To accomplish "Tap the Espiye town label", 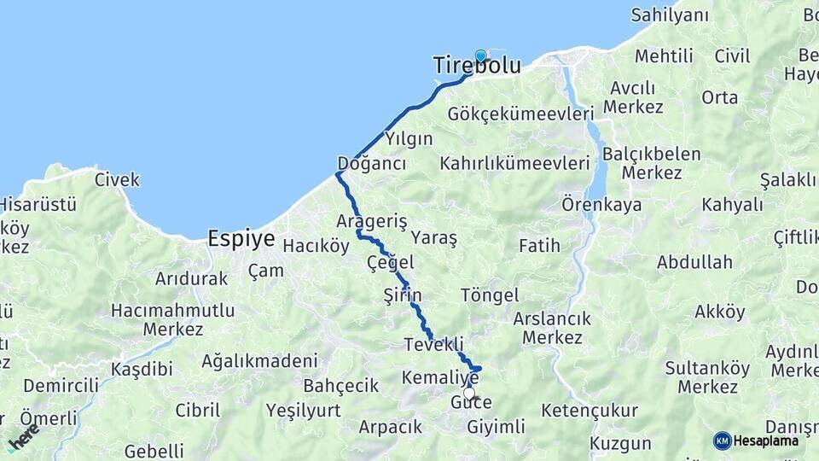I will point(241,239).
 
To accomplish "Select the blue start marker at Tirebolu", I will point(480,57).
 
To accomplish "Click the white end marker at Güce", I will point(469,394).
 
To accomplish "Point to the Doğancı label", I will point(371,163).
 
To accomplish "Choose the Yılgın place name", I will point(409,139).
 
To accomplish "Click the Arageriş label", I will point(372,221).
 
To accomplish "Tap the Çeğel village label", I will point(390,262).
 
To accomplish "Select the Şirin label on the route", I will point(403,295).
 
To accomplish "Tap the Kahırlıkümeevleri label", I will point(515,163).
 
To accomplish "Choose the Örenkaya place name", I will point(601,205).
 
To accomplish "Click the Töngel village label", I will point(490,295).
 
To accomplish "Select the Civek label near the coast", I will point(117,180).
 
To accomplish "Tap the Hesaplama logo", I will point(756,441).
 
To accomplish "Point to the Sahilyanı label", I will point(670,15).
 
